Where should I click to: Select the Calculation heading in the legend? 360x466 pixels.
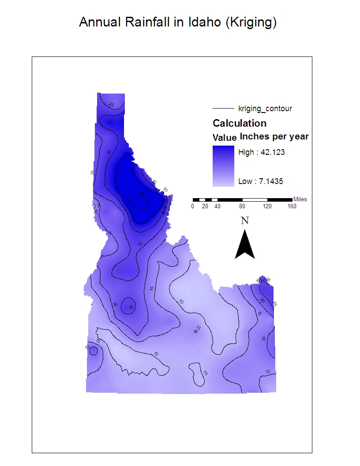[x=240, y=123]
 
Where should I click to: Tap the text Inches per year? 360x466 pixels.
[x=274, y=137]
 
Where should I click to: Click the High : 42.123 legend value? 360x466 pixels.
[x=259, y=153]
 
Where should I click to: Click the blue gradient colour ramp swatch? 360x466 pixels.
[x=223, y=166]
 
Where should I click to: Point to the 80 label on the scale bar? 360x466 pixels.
[x=242, y=207]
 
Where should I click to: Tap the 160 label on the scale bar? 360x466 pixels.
[x=292, y=207]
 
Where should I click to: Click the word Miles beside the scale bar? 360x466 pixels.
[x=300, y=199]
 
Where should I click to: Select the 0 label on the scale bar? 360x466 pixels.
[x=193, y=207]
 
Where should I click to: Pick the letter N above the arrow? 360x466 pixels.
[x=245, y=220]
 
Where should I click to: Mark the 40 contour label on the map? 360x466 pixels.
[x=142, y=194]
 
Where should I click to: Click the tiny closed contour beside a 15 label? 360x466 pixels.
[x=195, y=330]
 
